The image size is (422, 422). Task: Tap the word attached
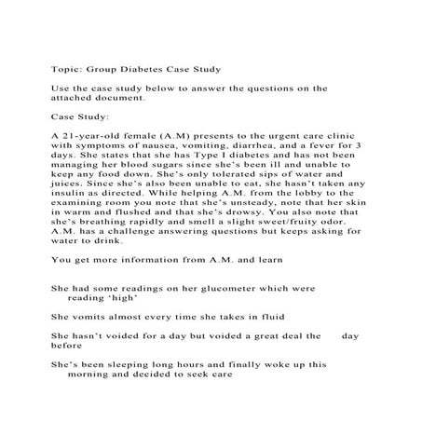(x=77, y=97)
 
